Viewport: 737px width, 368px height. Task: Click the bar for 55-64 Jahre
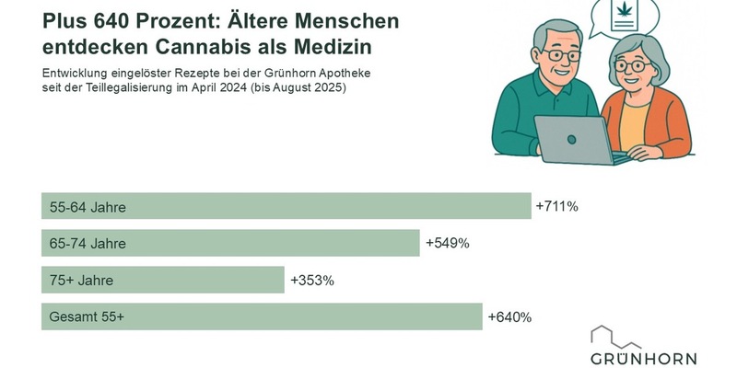click(286, 206)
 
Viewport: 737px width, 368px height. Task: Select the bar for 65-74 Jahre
click(230, 243)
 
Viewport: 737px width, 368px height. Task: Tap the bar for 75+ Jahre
click(162, 280)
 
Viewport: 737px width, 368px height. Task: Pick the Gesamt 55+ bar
click(262, 316)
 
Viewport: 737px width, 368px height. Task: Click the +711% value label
click(556, 206)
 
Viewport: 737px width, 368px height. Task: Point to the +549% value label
click(448, 243)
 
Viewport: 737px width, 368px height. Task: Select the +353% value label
click(312, 280)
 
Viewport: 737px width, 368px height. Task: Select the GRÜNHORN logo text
click(644, 358)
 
